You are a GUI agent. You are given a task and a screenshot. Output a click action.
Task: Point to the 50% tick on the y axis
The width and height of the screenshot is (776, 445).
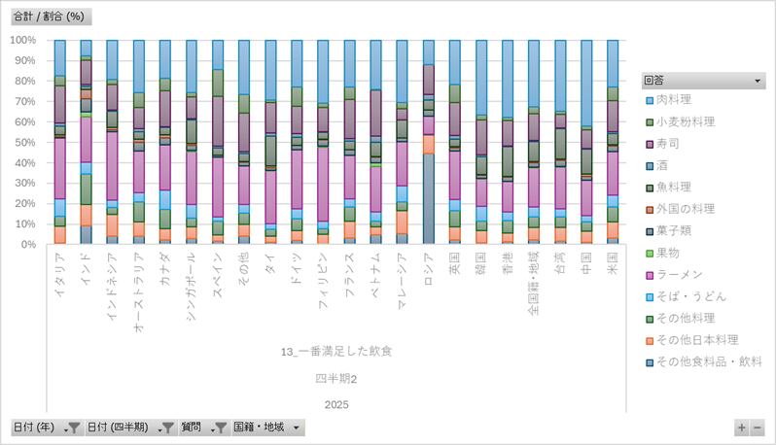click(23, 142)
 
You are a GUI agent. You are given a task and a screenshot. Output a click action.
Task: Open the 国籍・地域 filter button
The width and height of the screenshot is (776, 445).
click(268, 428)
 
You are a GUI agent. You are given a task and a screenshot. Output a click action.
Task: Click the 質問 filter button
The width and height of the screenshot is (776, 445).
click(205, 428)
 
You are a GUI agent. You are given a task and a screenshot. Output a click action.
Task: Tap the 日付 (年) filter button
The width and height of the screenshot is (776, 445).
click(45, 428)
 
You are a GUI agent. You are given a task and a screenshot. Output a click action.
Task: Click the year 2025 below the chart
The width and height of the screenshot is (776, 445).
click(336, 404)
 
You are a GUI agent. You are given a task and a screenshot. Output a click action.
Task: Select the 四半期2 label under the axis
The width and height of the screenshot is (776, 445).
click(336, 378)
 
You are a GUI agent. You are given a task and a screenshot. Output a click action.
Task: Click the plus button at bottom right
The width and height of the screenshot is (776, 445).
click(742, 428)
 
